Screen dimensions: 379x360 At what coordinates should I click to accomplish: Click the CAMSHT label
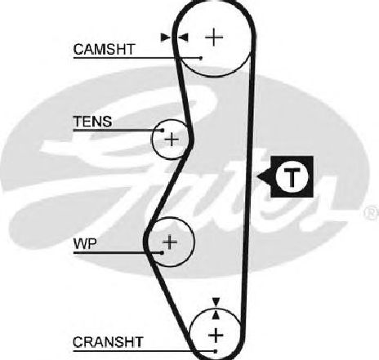[x=104, y=49]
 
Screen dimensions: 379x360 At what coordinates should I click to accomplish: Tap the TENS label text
[x=92, y=122]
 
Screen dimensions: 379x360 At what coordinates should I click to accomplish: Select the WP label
[x=85, y=244]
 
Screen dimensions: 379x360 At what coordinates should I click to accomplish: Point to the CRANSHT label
[x=108, y=342]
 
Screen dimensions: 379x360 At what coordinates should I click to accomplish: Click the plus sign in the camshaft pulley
[x=214, y=37]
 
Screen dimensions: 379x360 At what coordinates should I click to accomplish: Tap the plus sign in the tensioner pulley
[x=172, y=140]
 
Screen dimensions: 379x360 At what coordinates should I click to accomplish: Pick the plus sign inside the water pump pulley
[x=170, y=242]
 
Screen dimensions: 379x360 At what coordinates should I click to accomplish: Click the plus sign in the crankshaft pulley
[x=216, y=335]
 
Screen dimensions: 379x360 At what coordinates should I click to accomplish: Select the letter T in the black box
[x=292, y=176]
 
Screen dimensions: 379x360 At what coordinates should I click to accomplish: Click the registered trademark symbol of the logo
[x=372, y=213]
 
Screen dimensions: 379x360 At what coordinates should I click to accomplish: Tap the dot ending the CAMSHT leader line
[x=201, y=58]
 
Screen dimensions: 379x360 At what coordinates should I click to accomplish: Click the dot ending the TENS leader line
[x=163, y=131]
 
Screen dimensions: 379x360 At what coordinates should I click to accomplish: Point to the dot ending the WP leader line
[x=162, y=253]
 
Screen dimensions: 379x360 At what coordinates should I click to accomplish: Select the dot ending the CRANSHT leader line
[x=216, y=352]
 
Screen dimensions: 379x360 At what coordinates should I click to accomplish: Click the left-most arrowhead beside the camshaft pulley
[x=166, y=38]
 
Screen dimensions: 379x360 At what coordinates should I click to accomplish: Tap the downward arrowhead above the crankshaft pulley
[x=216, y=301]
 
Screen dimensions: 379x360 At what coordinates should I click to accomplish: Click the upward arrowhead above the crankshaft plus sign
[x=216, y=315]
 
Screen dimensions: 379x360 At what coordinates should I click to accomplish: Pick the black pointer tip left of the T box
[x=257, y=176]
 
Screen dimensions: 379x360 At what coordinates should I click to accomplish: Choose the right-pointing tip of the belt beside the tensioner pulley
[x=194, y=140]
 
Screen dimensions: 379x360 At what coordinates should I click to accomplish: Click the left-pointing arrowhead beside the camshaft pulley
[x=183, y=38]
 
